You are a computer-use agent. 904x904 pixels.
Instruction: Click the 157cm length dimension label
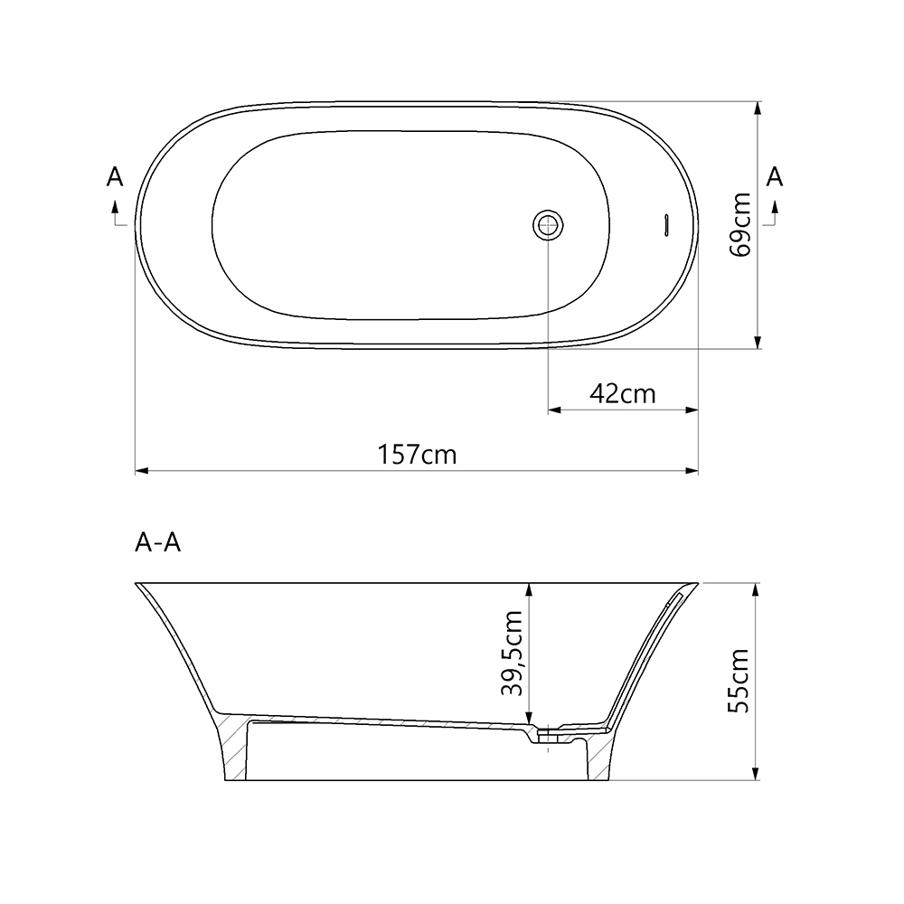click(x=417, y=454)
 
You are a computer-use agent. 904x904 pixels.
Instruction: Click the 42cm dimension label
click(x=622, y=393)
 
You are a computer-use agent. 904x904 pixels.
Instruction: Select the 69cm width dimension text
click(x=742, y=224)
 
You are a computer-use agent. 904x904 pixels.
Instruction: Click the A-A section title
click(x=157, y=542)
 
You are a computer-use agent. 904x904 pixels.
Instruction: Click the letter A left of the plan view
click(x=115, y=177)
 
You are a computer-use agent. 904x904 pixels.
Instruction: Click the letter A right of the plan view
click(x=775, y=177)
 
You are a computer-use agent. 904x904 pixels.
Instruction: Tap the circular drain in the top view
click(x=548, y=224)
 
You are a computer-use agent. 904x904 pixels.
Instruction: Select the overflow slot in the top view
click(x=665, y=224)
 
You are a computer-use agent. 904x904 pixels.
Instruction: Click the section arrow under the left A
click(x=116, y=213)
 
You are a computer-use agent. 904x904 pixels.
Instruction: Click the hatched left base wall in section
click(x=233, y=746)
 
